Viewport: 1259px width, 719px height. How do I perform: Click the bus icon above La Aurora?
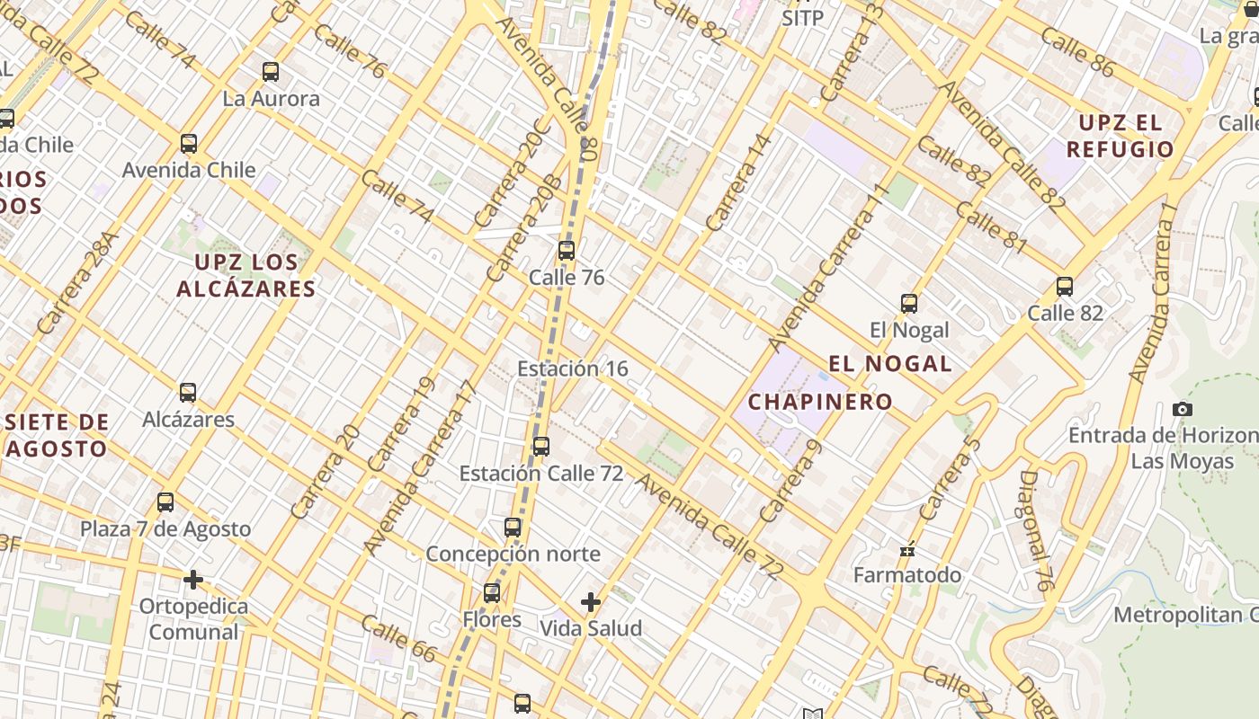(270, 72)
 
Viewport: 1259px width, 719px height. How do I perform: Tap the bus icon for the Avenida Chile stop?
(189, 144)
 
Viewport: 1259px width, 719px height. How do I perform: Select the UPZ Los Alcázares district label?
(246, 275)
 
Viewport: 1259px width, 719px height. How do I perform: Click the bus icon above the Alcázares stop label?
(187, 393)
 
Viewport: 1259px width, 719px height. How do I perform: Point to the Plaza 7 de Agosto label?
(165, 528)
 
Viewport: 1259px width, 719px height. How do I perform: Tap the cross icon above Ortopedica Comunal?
(192, 580)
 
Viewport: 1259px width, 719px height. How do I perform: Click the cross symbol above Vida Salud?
(591, 602)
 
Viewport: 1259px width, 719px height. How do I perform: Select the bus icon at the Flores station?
(491, 593)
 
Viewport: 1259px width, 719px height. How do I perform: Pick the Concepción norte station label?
(513, 554)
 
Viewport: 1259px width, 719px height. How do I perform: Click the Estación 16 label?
(573, 368)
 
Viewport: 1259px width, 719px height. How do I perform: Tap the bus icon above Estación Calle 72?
(540, 447)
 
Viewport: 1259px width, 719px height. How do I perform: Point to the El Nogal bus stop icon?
(909, 304)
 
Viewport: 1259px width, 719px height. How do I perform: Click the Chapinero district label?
(820, 402)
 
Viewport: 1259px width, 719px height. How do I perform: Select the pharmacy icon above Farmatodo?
(907, 549)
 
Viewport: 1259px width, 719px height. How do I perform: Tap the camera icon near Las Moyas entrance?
(1183, 410)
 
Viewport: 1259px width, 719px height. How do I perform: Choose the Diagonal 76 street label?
(1037, 530)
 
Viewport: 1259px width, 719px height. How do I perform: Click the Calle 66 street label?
(398, 639)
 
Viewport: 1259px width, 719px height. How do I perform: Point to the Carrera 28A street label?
(79, 283)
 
